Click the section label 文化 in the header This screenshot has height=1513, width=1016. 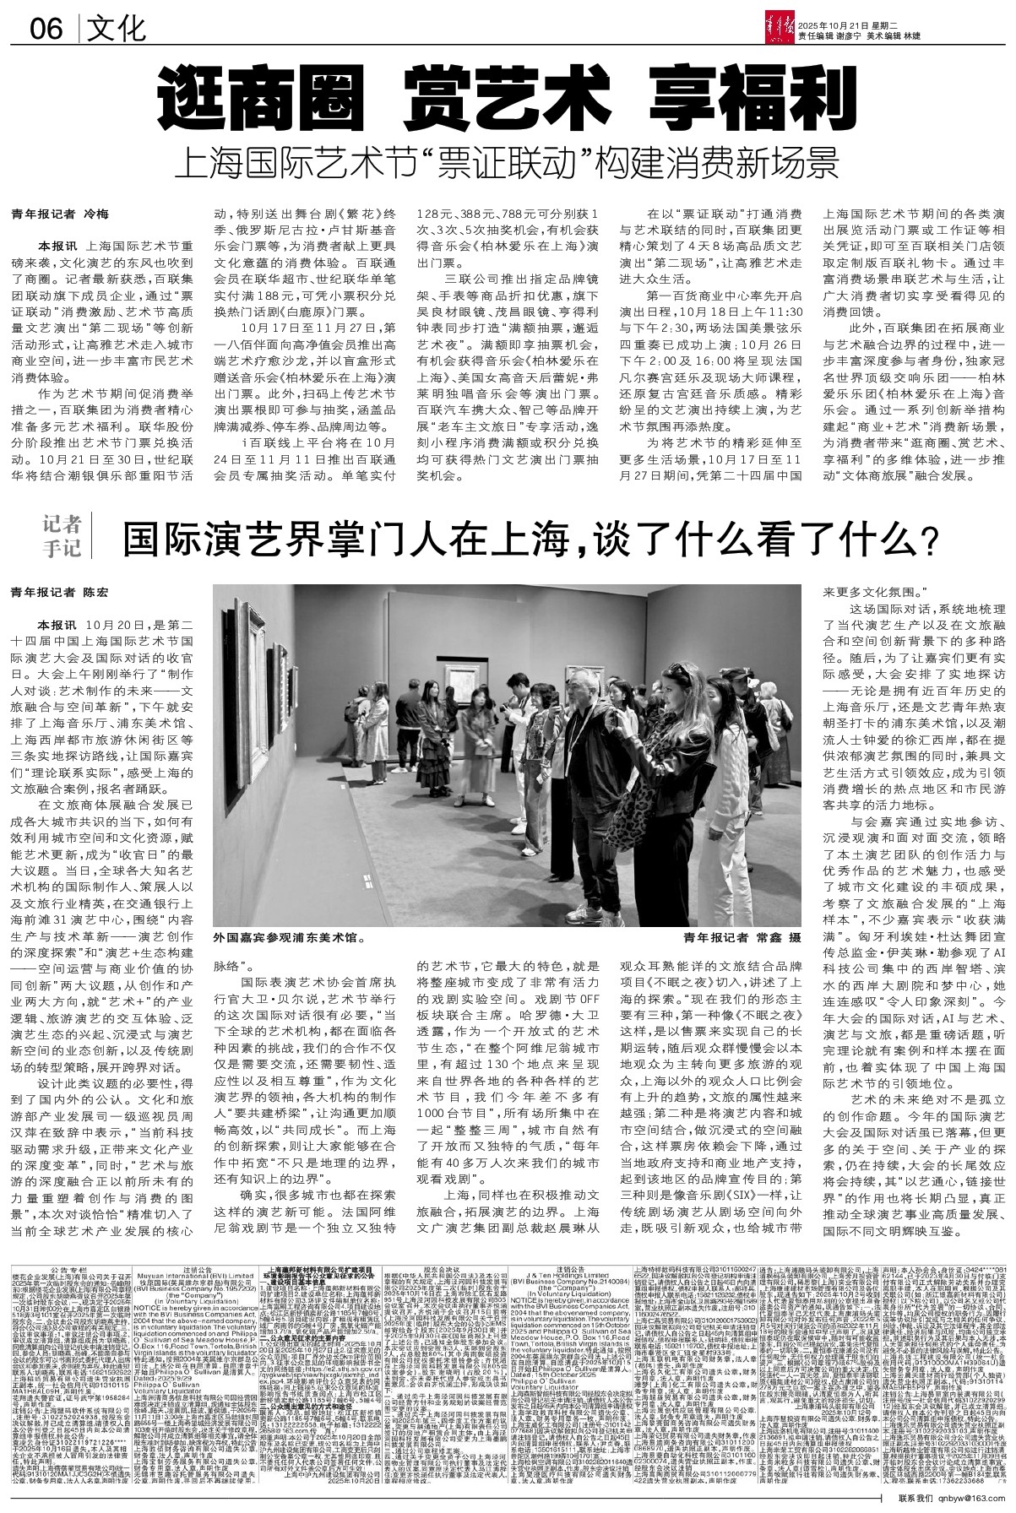(x=117, y=31)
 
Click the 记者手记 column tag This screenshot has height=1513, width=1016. (x=64, y=536)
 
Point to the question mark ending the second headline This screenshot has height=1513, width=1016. (x=928, y=536)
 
